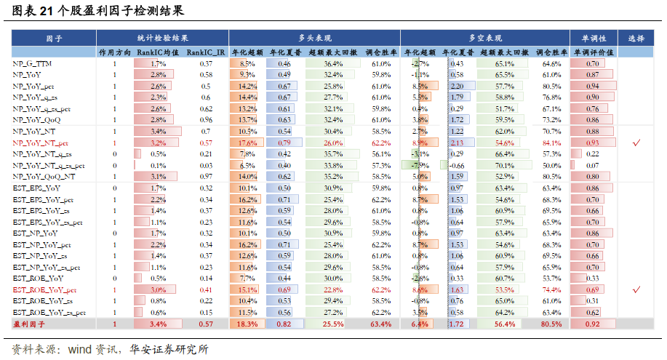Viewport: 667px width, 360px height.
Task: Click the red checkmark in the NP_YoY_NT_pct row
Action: [x=636, y=143]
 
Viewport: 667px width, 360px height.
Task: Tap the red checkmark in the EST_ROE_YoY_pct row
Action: [x=636, y=289]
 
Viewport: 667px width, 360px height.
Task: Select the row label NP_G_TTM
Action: [x=32, y=64]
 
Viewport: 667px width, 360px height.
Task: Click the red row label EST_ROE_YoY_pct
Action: [x=45, y=289]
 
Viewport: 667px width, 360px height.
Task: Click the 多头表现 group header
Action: [x=314, y=38]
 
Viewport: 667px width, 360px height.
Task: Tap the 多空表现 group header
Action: [x=485, y=38]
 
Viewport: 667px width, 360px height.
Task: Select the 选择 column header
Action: [x=636, y=38]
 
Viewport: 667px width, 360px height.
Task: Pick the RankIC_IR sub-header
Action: [x=206, y=52]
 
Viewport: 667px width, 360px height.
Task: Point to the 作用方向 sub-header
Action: [x=114, y=52]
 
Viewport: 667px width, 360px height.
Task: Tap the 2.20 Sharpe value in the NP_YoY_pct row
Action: [x=457, y=86]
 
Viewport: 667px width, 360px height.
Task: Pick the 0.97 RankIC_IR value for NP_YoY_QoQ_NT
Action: [x=206, y=176]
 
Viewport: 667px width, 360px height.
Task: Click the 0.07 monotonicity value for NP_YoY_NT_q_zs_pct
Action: [x=593, y=165]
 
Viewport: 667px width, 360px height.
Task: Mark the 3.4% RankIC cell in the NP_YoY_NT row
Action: [x=158, y=131]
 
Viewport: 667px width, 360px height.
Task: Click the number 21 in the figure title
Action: [x=45, y=11]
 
